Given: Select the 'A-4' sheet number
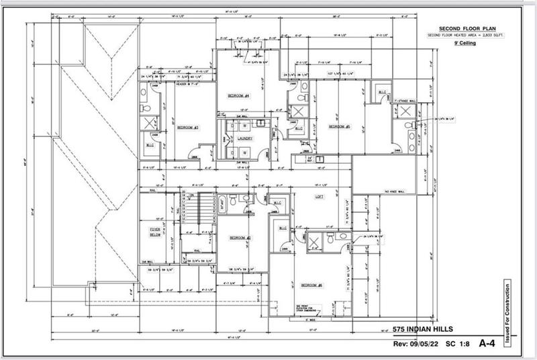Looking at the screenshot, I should click(x=487, y=343).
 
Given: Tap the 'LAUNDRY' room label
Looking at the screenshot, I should click(x=244, y=138).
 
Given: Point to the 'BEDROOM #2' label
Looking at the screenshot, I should click(x=239, y=238).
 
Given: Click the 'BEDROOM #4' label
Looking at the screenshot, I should click(x=239, y=96).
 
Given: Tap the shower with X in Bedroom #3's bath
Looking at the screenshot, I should click(x=149, y=123).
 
